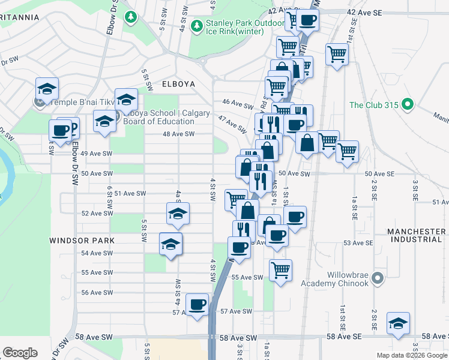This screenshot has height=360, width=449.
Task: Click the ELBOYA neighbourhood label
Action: coord(178,84)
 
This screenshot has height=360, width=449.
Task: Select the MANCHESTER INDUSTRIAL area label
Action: coord(416,235)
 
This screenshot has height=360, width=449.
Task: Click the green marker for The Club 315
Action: coord(408,105)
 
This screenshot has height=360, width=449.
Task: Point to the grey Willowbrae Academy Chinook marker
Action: coord(377,278)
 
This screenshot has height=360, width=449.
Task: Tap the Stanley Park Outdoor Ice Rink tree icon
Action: coord(196,27)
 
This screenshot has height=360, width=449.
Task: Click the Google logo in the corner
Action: coord(20,353)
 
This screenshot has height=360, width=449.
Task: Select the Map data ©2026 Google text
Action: coord(412,355)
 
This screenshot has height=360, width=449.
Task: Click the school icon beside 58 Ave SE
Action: coord(399,323)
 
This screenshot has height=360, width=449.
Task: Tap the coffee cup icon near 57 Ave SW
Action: coord(197,304)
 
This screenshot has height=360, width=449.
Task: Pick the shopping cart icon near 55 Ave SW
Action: coord(280,270)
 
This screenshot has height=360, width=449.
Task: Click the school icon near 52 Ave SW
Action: coord(178,213)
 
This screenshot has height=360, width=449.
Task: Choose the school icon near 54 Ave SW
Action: coord(171,244)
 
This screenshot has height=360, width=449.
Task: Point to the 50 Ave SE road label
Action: coord(381,173)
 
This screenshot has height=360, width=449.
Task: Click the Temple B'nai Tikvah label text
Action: coord(82,102)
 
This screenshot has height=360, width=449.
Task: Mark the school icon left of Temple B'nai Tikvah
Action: coord(47,88)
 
